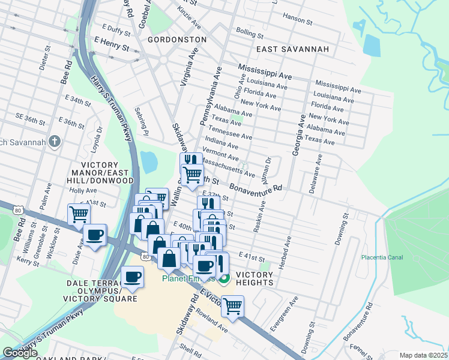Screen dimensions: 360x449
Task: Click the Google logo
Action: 20,353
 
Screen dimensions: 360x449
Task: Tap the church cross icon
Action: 55,142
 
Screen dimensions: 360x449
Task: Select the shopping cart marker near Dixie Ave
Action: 79,214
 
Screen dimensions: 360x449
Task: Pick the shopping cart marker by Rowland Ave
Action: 232,305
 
